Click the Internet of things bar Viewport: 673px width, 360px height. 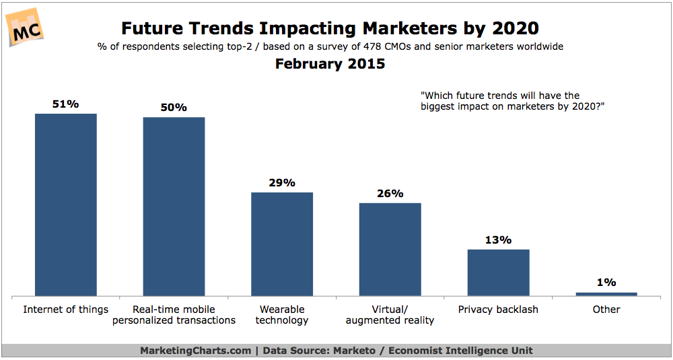click(66, 205)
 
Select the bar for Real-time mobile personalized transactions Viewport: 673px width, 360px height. click(174, 207)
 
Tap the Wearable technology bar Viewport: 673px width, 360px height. click(282, 244)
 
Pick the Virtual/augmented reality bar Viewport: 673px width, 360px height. click(390, 249)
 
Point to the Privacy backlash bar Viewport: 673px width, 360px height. click(498, 273)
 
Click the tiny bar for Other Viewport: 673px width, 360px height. click(606, 294)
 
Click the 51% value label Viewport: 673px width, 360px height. click(66, 104)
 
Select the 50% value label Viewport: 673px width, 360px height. click(174, 108)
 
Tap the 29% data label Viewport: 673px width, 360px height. click(282, 182)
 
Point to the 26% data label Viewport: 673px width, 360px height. click(390, 193)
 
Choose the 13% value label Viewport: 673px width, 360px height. click(498, 240)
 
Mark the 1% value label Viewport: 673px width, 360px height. click(606, 282)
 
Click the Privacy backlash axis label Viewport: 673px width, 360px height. click(498, 310)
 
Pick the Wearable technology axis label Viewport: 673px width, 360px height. click(282, 315)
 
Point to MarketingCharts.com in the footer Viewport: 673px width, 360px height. click(194, 351)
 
